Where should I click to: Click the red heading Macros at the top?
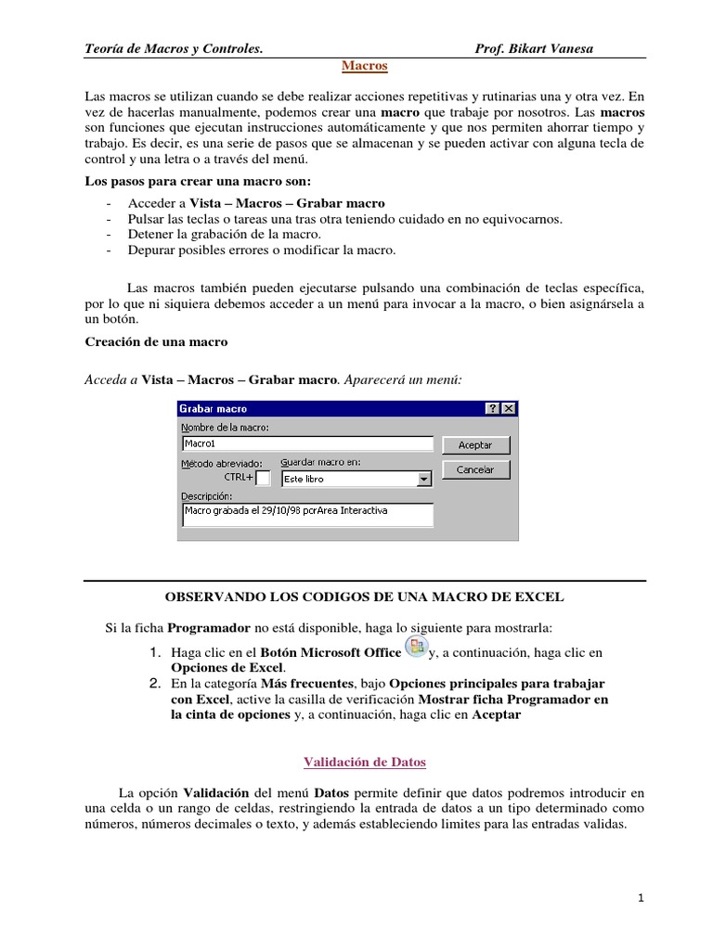(364, 67)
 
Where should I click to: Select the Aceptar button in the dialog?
(475, 445)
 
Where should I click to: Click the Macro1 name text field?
(307, 443)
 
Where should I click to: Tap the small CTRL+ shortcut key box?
(264, 479)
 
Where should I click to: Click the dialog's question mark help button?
(492, 409)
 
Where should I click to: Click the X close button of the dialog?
(508, 409)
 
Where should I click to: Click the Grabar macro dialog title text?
(214, 409)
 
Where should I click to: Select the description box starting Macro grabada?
(307, 515)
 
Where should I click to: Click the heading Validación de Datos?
(365, 763)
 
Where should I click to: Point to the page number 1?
(641, 898)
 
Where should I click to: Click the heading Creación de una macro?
(156, 341)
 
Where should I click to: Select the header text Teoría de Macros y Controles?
(174, 49)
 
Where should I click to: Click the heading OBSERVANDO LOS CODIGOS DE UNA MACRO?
(364, 597)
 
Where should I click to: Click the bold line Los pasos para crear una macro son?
(199, 181)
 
